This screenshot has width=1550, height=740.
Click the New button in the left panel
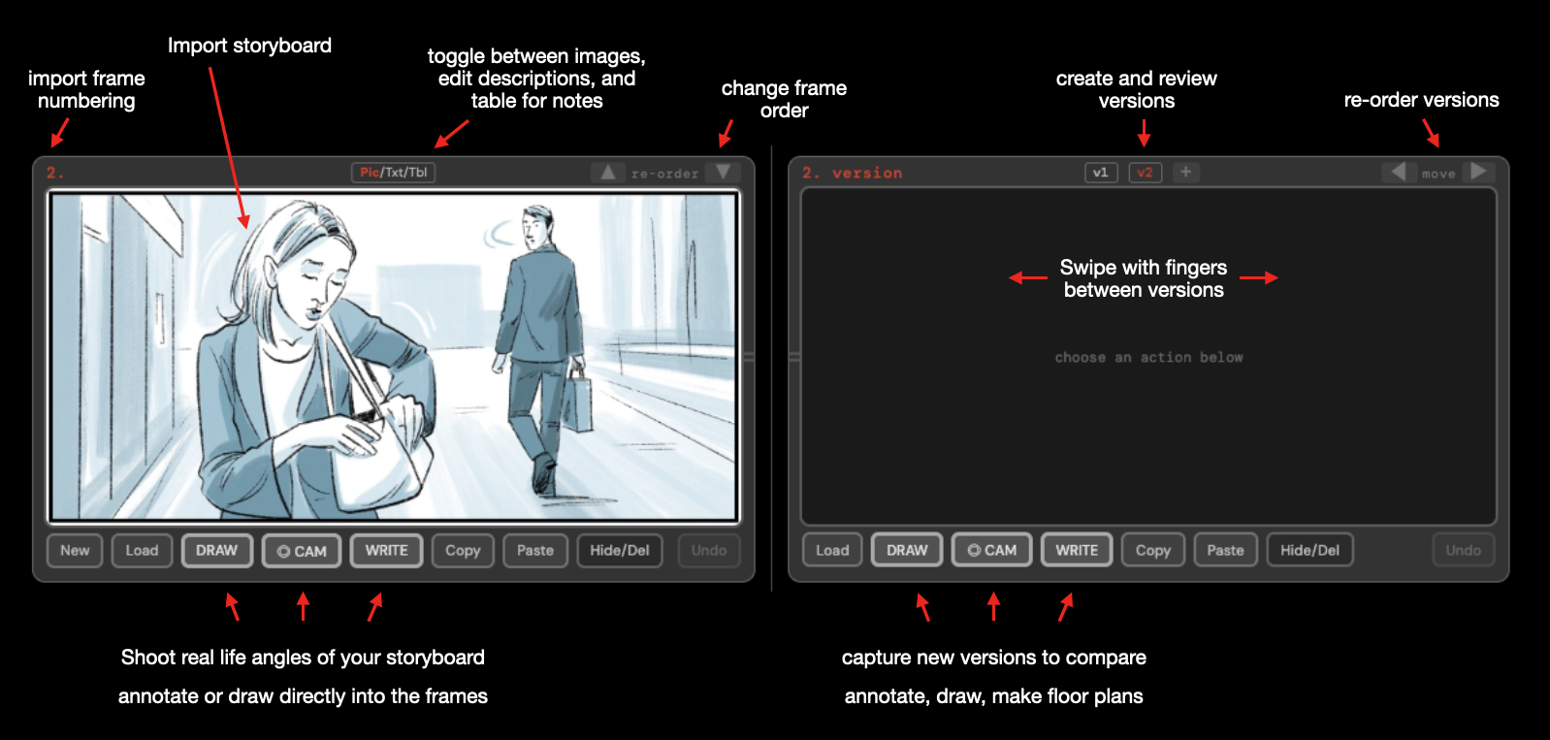75,551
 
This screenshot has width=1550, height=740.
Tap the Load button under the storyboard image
142,551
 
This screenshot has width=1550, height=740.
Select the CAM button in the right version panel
991,550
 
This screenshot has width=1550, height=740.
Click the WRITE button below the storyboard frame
386,550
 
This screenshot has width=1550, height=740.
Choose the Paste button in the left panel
534,551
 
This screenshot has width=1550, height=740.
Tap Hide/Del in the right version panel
1309,550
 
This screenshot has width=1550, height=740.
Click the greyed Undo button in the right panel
1463,550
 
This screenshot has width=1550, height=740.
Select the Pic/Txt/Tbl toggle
393,173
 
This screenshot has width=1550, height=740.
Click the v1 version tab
1101,173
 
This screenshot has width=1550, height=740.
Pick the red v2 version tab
1145,173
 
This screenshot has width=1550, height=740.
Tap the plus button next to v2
1185,172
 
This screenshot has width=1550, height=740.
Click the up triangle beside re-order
608,173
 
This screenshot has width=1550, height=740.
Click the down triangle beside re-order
723,172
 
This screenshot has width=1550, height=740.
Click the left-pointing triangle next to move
1398,172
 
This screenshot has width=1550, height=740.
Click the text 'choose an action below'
1148,358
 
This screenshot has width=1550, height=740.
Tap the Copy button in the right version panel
1152,550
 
